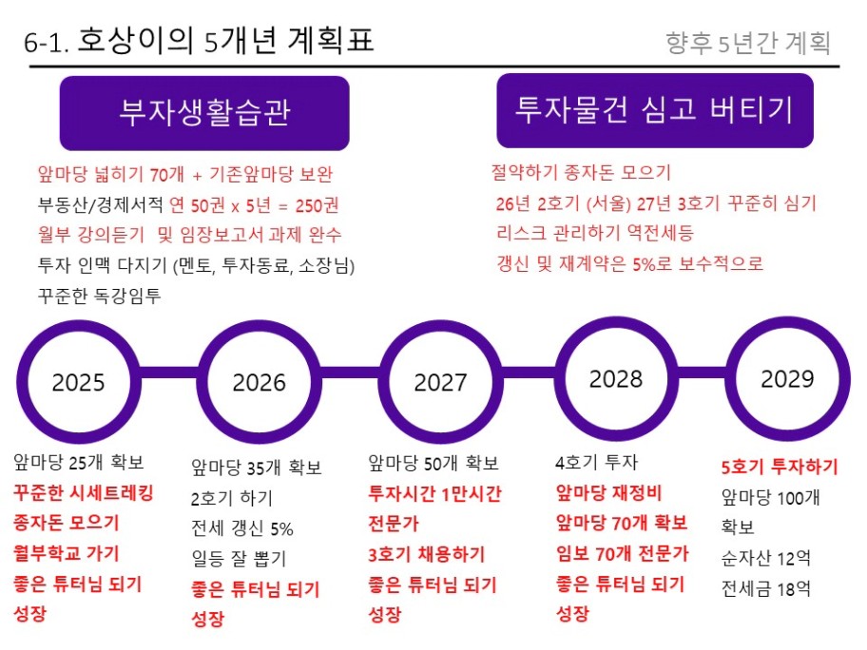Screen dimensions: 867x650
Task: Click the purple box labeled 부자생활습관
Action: click(x=204, y=113)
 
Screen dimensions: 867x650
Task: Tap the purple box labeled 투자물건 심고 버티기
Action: click(x=655, y=110)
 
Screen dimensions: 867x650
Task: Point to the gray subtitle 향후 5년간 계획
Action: click(x=747, y=43)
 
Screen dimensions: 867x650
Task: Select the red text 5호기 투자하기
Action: click(x=780, y=467)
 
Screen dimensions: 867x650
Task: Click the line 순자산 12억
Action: click(x=766, y=558)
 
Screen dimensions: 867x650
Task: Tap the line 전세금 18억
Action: click(x=766, y=588)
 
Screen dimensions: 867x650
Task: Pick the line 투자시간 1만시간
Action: click(x=434, y=493)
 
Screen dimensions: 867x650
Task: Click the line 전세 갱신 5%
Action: click(x=242, y=528)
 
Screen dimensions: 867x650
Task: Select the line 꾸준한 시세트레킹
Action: click(x=84, y=492)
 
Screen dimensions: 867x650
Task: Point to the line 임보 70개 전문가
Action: click(x=623, y=553)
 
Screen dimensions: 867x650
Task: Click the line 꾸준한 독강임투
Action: click(x=100, y=296)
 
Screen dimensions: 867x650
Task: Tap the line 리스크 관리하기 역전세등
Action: click(x=595, y=233)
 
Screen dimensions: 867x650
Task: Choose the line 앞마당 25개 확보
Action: click(x=79, y=462)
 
